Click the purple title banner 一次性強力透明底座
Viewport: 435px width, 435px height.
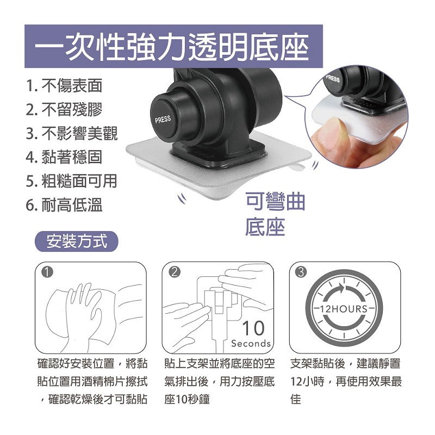pyautogui.click(x=173, y=46)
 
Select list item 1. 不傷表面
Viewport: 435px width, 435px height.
pyautogui.click(x=64, y=86)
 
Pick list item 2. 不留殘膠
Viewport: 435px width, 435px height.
pyautogui.click(x=64, y=110)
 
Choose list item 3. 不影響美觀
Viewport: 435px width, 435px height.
pyautogui.click(x=72, y=133)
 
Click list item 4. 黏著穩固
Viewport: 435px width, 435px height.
pyautogui.click(x=64, y=157)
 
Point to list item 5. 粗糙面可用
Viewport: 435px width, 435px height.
pyautogui.click(x=72, y=181)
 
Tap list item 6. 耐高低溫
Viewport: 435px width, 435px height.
pyautogui.click(x=64, y=205)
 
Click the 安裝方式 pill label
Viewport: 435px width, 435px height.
pyautogui.click(x=77, y=241)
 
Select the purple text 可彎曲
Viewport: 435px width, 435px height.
pyautogui.click(x=276, y=202)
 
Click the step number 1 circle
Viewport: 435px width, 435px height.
pyautogui.click(x=47, y=272)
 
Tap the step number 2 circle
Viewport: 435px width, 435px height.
pyautogui.click(x=174, y=272)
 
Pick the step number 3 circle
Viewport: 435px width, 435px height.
pyautogui.click(x=301, y=272)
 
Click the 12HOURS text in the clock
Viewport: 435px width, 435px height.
pyautogui.click(x=344, y=309)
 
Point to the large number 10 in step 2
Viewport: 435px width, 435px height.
pyautogui.click(x=253, y=328)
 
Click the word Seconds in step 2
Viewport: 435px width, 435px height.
pyautogui.click(x=251, y=344)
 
